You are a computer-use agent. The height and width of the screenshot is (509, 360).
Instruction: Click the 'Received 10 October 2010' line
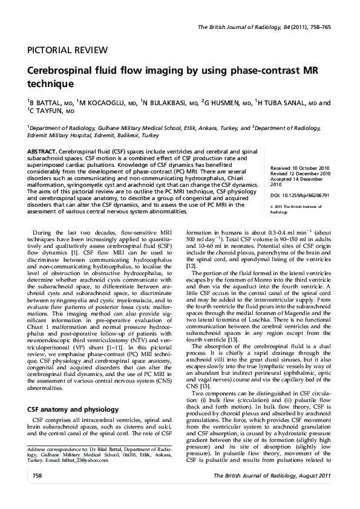(300, 167)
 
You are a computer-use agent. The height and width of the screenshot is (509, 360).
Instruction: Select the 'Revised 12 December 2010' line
(301, 173)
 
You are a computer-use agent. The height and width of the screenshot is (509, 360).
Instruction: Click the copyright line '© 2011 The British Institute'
(299, 207)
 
